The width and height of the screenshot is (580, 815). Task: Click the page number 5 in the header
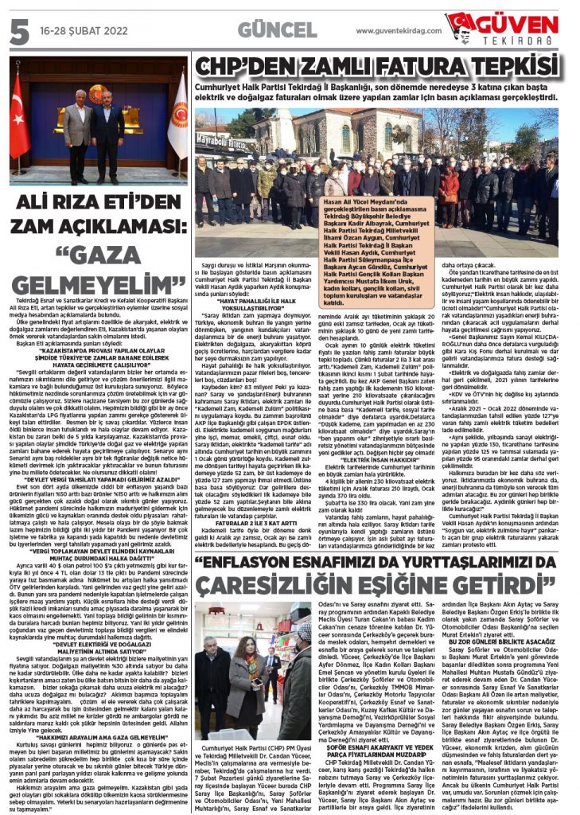click(x=18, y=29)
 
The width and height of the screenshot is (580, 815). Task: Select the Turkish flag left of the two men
click(x=18, y=119)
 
